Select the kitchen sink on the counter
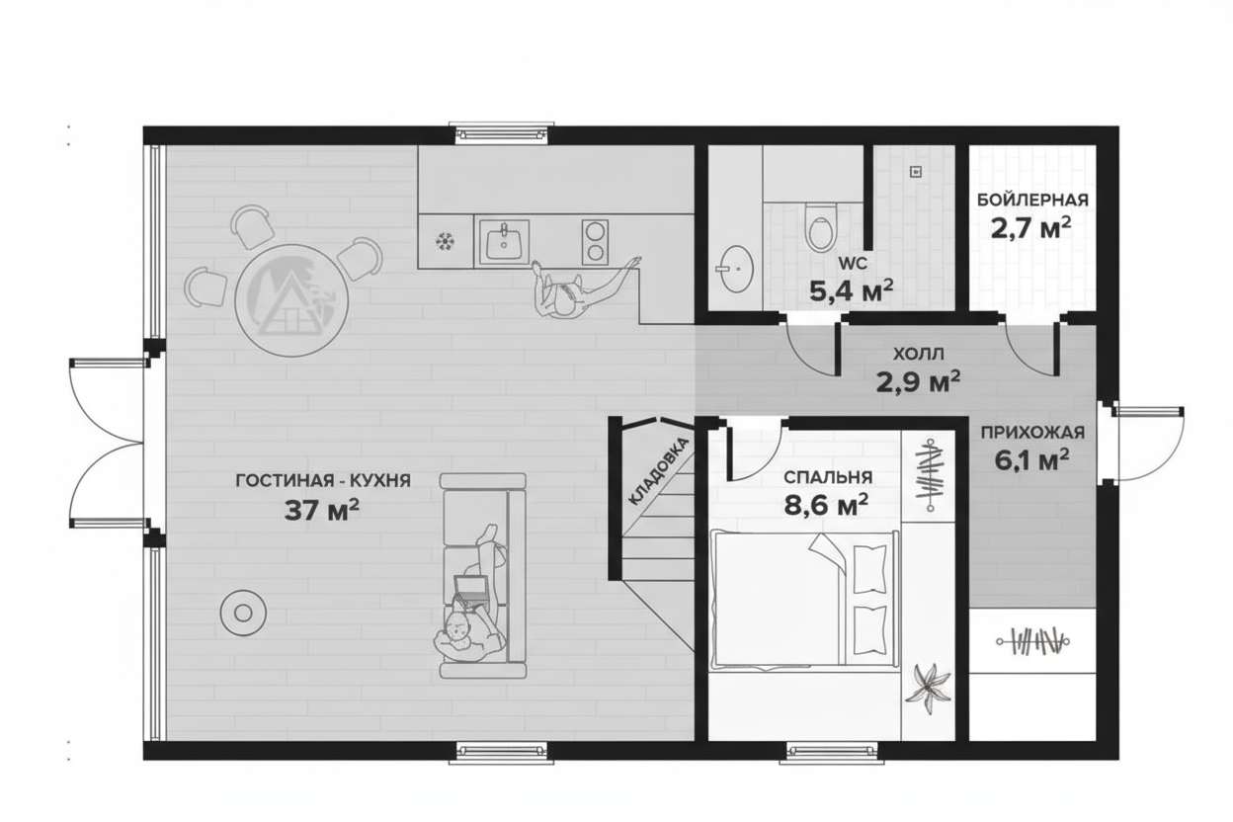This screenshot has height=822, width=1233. click(x=504, y=242)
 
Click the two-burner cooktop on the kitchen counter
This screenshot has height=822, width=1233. click(x=595, y=242)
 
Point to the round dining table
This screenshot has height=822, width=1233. click(x=291, y=300)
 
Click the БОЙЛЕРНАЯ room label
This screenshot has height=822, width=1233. click(x=1032, y=200)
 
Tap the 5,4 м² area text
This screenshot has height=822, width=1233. click(x=851, y=289)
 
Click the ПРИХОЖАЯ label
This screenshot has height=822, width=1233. click(x=1032, y=433)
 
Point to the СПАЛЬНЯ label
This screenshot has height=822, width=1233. click(x=828, y=477)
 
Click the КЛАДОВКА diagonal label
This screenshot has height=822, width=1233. click(x=658, y=471)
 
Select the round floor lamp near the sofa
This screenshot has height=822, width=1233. click(x=243, y=613)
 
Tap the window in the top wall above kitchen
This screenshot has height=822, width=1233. click(x=502, y=133)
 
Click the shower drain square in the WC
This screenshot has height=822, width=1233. click(x=916, y=172)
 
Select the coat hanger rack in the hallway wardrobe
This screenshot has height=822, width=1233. click(x=1032, y=641)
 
